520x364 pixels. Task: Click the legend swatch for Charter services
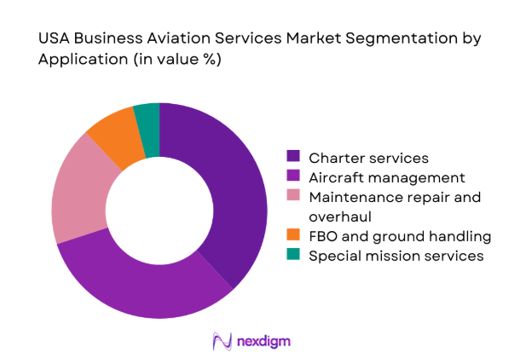point(294,157)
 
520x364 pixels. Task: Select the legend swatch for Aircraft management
point(294,177)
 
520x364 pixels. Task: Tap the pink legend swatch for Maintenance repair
point(294,198)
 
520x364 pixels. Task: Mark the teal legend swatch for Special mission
point(294,256)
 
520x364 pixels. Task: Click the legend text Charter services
point(368,157)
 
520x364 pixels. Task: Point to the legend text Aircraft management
point(387,177)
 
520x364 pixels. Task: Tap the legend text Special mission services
point(396,256)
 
